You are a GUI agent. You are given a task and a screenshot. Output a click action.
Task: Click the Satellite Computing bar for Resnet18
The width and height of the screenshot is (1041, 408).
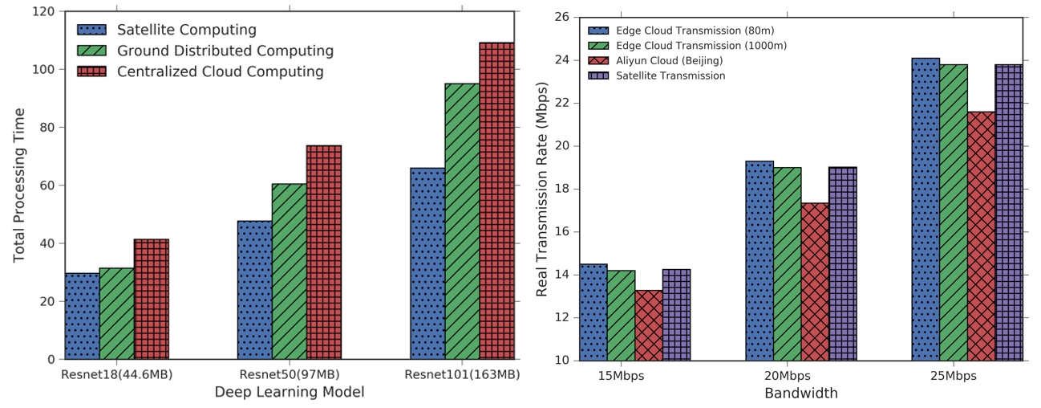click(x=83, y=316)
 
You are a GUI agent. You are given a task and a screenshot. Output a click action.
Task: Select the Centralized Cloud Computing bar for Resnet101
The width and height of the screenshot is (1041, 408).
click(x=496, y=201)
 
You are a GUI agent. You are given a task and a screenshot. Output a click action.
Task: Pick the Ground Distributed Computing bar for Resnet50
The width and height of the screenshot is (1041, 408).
click(x=290, y=271)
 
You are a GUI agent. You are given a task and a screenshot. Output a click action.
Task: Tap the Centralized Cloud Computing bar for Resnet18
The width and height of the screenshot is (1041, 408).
click(x=152, y=299)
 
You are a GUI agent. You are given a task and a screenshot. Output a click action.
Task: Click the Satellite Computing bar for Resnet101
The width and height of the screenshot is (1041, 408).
click(x=427, y=263)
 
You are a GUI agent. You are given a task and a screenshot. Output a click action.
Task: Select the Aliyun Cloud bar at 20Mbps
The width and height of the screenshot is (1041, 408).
click(x=815, y=282)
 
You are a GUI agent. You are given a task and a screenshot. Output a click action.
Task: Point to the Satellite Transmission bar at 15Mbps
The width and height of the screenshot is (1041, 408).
click(x=677, y=315)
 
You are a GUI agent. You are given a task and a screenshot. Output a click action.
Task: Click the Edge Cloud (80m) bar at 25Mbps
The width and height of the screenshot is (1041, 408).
click(x=926, y=210)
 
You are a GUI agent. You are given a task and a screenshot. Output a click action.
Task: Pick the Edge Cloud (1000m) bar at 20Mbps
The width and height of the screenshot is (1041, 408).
click(x=788, y=263)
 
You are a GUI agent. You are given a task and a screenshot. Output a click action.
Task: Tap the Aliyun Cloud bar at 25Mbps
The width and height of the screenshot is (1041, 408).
click(x=981, y=236)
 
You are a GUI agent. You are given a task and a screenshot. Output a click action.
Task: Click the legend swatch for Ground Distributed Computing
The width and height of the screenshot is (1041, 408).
click(x=91, y=51)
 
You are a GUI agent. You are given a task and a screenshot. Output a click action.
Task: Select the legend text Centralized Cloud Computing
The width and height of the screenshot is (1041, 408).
click(x=221, y=71)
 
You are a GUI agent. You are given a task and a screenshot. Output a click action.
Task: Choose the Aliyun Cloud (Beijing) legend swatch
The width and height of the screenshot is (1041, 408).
click(x=598, y=60)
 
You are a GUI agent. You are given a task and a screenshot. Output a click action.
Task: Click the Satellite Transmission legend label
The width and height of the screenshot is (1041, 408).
click(x=670, y=75)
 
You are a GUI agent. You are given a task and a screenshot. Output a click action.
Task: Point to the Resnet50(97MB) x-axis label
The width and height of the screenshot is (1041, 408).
click(x=290, y=374)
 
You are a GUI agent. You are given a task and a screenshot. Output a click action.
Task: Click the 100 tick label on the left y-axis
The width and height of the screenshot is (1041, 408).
click(x=43, y=69)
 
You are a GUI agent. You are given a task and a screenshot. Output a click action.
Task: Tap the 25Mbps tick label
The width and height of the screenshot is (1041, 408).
click(x=953, y=376)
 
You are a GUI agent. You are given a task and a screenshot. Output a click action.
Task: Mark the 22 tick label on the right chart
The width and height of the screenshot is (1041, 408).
click(x=562, y=103)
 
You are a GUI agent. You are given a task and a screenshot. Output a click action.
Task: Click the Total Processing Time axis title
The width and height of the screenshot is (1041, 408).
click(x=18, y=186)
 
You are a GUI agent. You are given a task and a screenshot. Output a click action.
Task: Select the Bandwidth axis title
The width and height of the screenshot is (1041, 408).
click(x=801, y=393)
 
